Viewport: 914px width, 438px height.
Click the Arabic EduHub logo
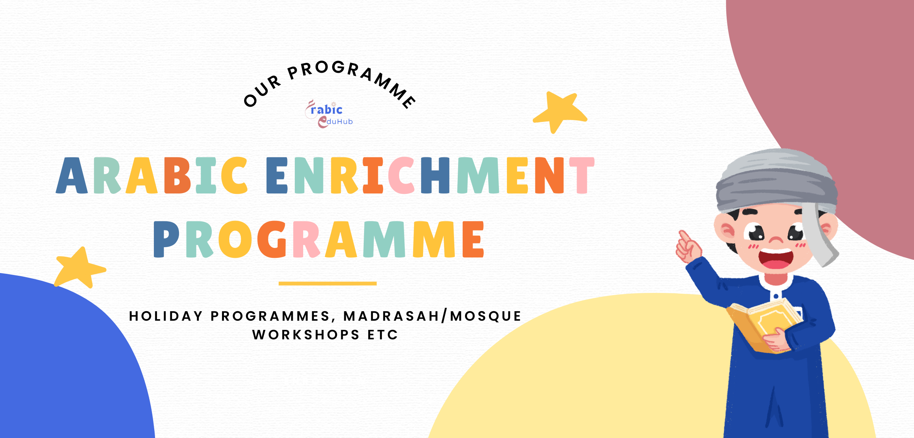(329, 114)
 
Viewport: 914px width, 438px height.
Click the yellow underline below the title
(328, 283)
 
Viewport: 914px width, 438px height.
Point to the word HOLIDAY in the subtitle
(166, 316)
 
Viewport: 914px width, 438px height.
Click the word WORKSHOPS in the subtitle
(306, 335)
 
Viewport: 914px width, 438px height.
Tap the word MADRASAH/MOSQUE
(432, 316)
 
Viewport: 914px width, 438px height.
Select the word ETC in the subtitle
(383, 335)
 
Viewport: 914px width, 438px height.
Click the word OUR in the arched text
(262, 91)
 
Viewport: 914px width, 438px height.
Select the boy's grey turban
(777, 181)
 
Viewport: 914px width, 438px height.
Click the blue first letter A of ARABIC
(72, 176)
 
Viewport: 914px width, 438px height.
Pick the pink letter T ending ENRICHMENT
(582, 176)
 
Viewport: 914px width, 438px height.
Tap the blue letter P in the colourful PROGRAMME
(166, 239)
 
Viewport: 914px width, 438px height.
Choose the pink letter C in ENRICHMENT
(401, 176)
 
